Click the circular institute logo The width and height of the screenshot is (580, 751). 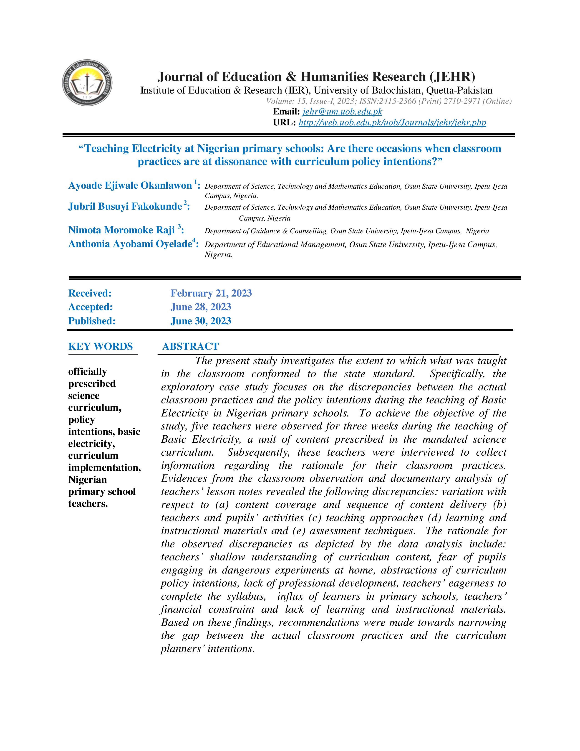pyautogui.click(x=87, y=83)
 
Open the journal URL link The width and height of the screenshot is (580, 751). pyautogui.click(x=392, y=123)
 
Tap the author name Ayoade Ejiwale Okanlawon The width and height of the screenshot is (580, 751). pyautogui.click(x=130, y=186)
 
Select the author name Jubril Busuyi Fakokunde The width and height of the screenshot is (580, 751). pyautogui.click(x=125, y=206)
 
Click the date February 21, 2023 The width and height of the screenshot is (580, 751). pyautogui.click(x=211, y=293)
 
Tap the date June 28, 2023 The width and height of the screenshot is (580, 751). pyautogui.click(x=201, y=307)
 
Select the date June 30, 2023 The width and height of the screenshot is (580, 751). pyautogui.click(x=201, y=321)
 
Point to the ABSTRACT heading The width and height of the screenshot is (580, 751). pyautogui.click(x=190, y=347)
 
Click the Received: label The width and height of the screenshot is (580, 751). pyautogui.click(x=90, y=293)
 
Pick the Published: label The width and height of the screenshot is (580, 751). pyautogui.click(x=92, y=321)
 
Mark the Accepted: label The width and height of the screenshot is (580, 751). pyautogui.click(x=90, y=307)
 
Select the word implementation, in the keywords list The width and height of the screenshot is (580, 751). pyautogui.click(x=104, y=468)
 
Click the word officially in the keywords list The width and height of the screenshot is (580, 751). pyautogui.click(x=88, y=372)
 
